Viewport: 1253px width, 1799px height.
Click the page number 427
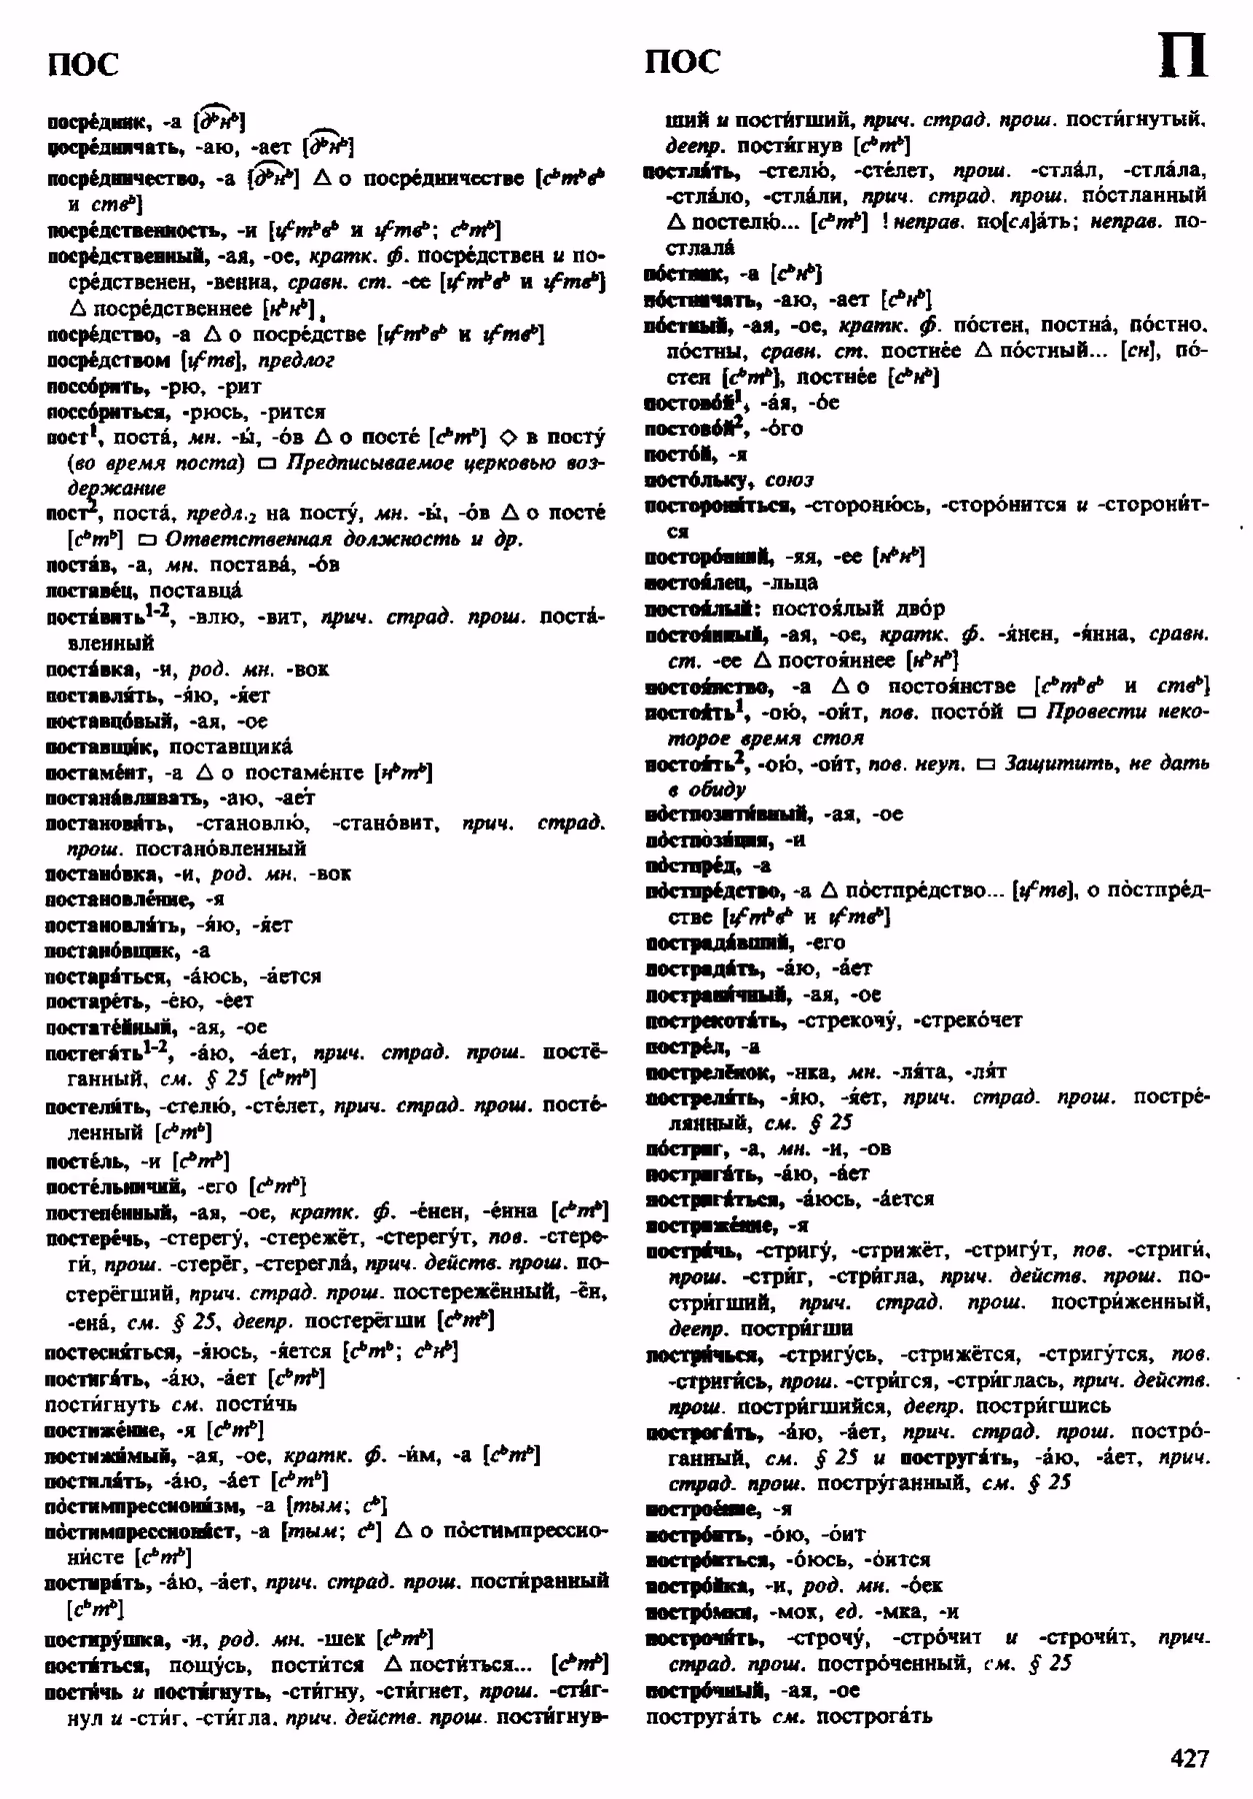(x=1189, y=1757)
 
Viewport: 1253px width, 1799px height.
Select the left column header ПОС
(x=83, y=64)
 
